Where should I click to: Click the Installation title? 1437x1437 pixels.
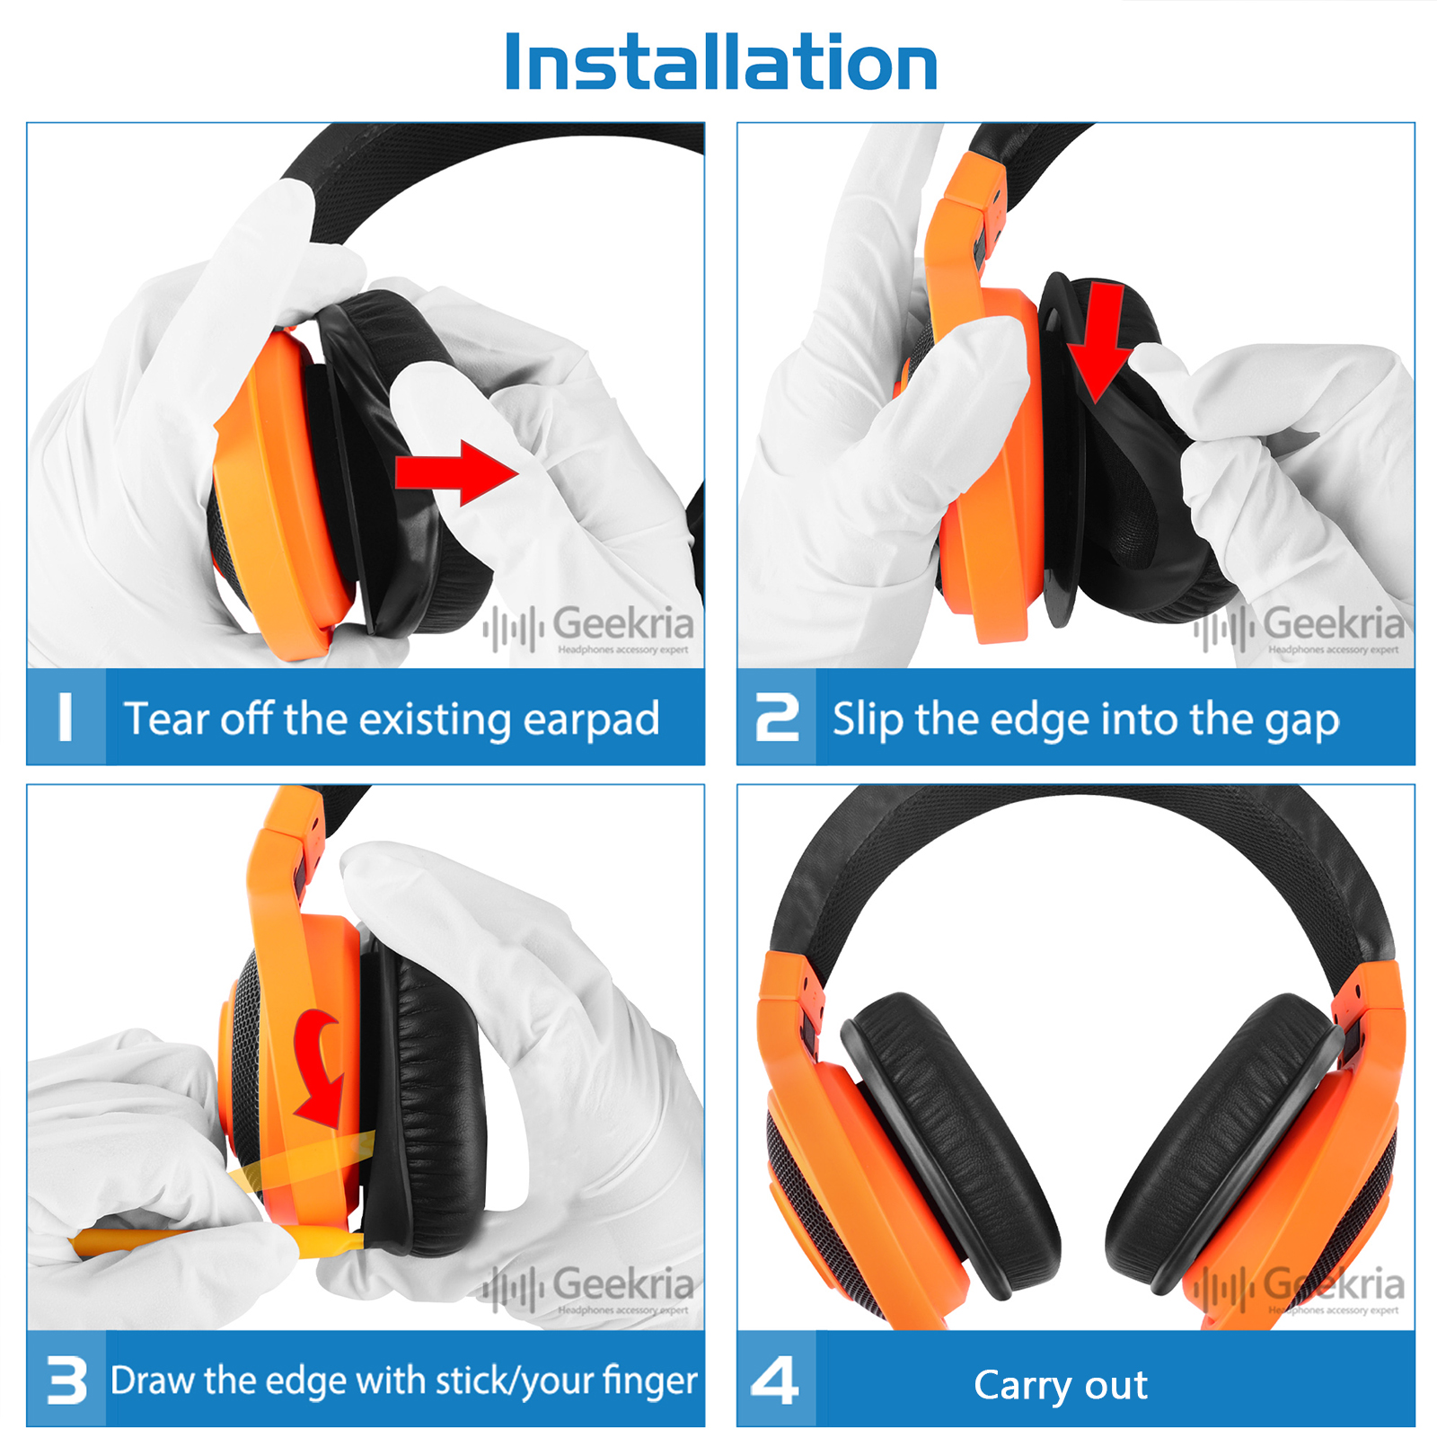[x=721, y=62]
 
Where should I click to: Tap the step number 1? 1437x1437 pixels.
[x=65, y=717]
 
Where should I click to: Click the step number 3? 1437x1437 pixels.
[x=67, y=1380]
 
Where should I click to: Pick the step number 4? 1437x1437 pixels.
[x=775, y=1380]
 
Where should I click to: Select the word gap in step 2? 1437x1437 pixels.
[x=1301, y=722]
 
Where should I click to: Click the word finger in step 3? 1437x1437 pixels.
[x=649, y=1381]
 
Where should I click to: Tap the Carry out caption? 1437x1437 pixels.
[x=1061, y=1385]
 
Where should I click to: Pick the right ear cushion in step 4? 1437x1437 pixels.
[x=1226, y=1145]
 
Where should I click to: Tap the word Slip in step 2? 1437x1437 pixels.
[x=868, y=719]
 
